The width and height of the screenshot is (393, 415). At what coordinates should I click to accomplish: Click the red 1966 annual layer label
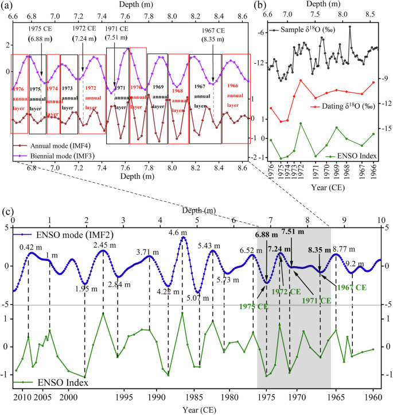[x=233, y=95]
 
